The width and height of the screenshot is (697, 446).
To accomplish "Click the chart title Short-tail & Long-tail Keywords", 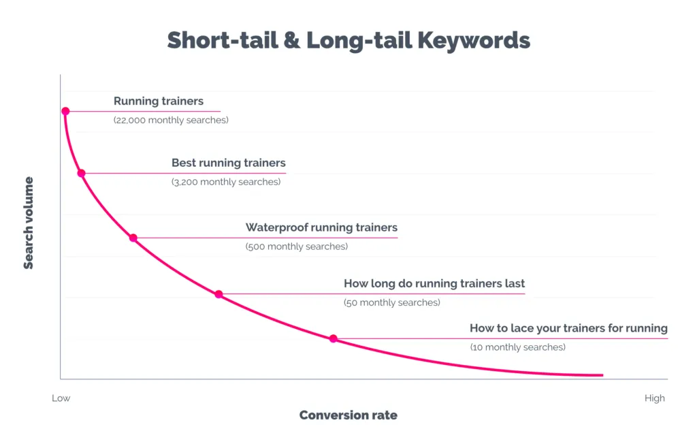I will point(348,40).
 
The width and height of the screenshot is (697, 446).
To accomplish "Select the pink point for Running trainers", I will point(65,111).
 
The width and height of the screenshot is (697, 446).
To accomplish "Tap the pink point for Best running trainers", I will point(81,173).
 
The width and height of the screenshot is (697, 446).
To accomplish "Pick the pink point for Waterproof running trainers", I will point(133,238).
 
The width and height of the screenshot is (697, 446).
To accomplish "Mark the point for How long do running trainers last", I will point(218,294).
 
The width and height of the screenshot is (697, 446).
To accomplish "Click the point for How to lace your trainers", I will point(334,338).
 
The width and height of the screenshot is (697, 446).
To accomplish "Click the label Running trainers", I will point(159,101).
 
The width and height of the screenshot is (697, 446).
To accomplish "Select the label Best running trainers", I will point(229,163).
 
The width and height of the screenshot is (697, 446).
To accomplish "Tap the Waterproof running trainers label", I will point(321,227).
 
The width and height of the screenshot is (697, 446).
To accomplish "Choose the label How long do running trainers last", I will point(434,284).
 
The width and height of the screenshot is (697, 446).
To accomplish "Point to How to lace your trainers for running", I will point(568,328).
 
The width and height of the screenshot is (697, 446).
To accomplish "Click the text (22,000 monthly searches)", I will point(171,121).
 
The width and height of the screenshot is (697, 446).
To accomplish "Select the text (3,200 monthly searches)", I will point(226,182).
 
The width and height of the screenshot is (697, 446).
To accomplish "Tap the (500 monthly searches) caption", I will point(297,246).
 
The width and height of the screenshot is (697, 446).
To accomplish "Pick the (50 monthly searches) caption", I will point(392,303).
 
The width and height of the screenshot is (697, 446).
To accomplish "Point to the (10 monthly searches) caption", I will point(517,347).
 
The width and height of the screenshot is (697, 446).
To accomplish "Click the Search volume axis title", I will point(29,223).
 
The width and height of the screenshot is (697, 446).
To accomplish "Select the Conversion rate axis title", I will point(348,415).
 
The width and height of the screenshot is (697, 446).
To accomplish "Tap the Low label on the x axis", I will point(61,398).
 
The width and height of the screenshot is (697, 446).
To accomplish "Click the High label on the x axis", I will point(655,398).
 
